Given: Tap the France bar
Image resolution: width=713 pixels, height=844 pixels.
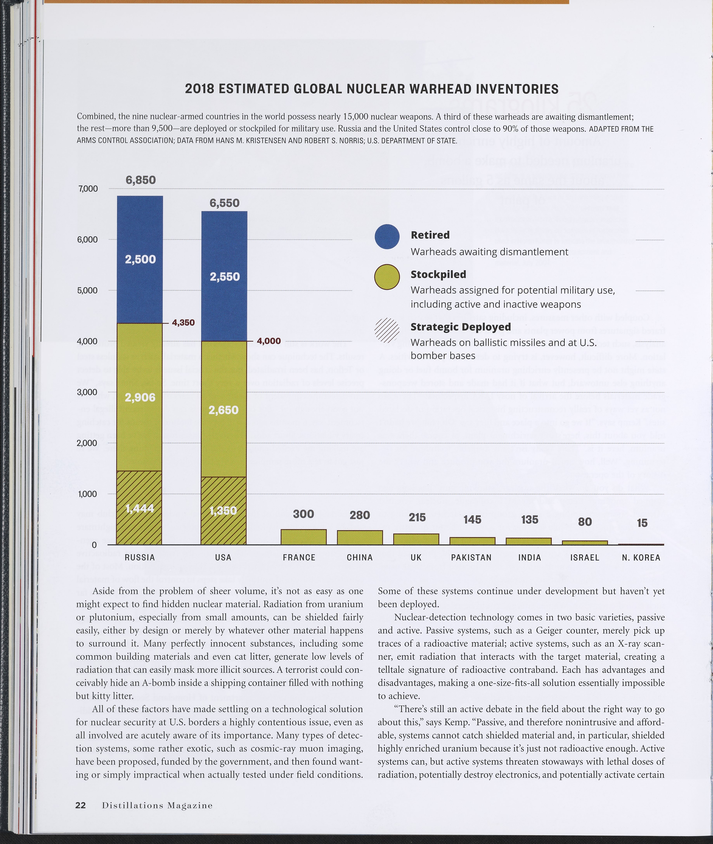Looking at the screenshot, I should tap(304, 537).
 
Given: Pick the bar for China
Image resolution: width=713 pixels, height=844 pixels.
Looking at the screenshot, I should tap(360, 537).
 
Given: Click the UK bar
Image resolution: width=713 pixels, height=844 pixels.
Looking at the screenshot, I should tap(416, 539).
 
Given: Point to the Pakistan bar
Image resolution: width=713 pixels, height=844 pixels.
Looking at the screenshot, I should tap(472, 541).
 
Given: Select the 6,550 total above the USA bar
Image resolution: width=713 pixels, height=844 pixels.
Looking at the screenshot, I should tap(224, 203).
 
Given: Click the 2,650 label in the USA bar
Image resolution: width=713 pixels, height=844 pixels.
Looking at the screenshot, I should tap(224, 410).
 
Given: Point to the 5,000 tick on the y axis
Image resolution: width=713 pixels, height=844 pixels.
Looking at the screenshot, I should tap(87, 290).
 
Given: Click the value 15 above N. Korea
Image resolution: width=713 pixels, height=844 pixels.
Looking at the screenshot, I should tap(642, 523).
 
